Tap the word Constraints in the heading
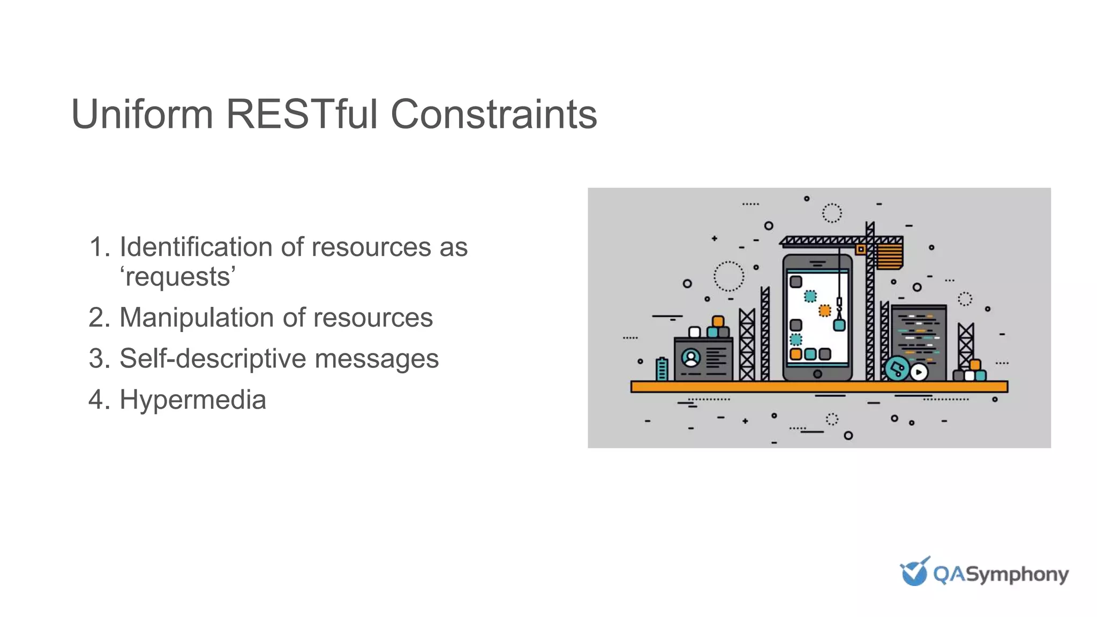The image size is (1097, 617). point(493,114)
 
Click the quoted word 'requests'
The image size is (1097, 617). point(178,277)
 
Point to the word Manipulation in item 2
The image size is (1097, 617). point(197,318)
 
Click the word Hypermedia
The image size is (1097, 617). point(193,400)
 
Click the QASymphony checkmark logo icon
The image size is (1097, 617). point(914,571)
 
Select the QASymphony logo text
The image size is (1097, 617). point(1001,575)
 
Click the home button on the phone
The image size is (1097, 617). point(817,374)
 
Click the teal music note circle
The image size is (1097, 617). point(897,369)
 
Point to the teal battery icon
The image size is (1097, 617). point(662,369)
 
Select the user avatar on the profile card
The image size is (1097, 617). point(691,358)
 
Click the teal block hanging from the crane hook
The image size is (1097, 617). point(839,325)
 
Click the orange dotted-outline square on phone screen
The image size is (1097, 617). point(825,311)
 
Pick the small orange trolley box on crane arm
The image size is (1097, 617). point(861,249)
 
